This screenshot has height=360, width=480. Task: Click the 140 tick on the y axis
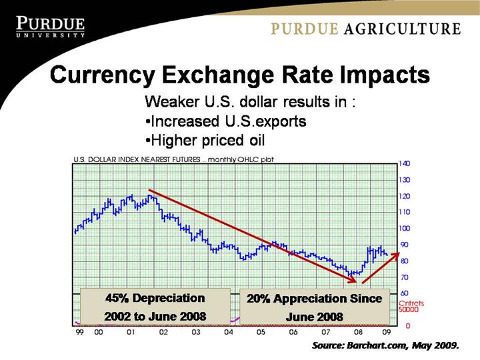404,163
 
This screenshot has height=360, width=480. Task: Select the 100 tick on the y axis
404,228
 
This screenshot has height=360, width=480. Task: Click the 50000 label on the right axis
408,310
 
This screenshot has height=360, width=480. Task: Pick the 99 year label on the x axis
80,331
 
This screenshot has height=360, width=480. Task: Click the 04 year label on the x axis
228,331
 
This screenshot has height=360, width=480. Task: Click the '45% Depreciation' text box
155,306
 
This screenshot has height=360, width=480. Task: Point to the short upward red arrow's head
397,254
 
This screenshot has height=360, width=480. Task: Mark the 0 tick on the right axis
400,325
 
